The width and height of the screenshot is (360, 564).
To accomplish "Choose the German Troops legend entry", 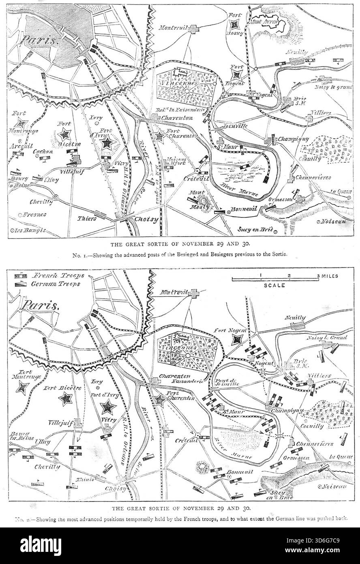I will pos(57,284).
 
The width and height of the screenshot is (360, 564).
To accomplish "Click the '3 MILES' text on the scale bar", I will pos(328,276).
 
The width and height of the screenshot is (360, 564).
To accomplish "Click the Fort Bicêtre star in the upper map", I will pos(64,133).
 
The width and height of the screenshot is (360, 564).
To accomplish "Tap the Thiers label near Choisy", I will pos(87,218).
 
